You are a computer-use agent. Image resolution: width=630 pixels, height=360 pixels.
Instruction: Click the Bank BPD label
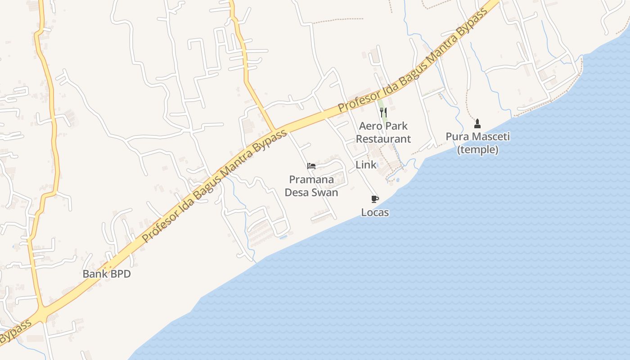point(107,274)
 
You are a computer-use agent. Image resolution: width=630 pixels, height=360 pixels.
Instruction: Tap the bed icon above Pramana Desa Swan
point(311,166)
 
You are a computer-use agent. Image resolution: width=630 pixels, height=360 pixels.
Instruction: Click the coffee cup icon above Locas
point(375,199)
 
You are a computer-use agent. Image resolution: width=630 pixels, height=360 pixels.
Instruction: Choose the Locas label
point(375,212)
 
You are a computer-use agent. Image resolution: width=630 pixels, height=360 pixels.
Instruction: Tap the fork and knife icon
point(383,112)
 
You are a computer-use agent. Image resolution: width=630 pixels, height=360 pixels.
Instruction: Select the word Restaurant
point(383,139)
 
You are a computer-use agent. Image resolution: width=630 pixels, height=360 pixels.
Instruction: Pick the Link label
point(366,165)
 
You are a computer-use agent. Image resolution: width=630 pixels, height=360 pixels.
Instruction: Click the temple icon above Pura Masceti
point(477,123)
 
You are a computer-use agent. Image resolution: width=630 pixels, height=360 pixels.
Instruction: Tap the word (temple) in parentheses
point(477,149)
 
